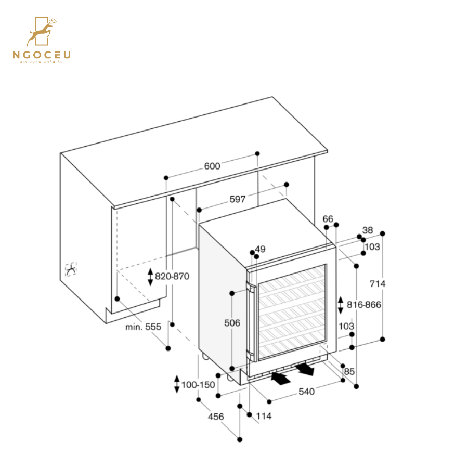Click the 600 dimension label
tap(212, 166)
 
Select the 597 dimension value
tap(238, 199)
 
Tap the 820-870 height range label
tap(172, 277)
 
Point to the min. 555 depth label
tap(144, 327)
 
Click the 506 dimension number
tap(232, 323)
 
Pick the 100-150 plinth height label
tap(198, 385)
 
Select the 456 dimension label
tap(216, 417)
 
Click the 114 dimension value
tap(264, 416)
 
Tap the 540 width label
tap(306, 392)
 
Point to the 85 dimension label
tap(349, 371)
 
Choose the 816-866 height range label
tap(364, 305)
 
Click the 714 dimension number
tap(378, 283)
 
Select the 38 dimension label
tap(368, 230)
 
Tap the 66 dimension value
tap(328, 219)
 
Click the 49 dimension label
tap(260, 249)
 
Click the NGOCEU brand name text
tap(42, 55)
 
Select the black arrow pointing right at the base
tap(305, 369)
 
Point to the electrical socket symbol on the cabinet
tap(70, 269)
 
